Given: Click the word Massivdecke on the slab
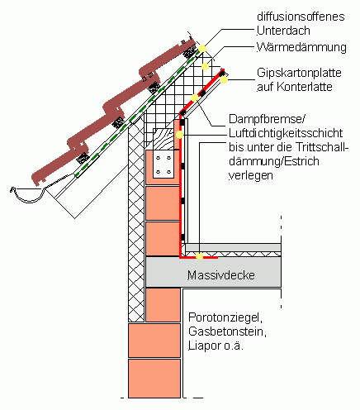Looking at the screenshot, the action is tap(221, 275).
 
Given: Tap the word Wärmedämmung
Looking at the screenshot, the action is tap(301, 47).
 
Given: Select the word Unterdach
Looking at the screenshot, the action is tap(283, 31).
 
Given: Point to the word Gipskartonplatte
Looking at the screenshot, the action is tap(299, 73).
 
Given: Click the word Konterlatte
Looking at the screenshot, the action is tap(305, 87).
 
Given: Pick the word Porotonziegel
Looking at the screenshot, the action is tap(225, 317).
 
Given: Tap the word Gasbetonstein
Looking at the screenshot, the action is tap(227, 331).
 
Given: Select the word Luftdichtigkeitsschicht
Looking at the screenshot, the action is tap(286, 133).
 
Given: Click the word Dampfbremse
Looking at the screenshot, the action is tap(266, 119).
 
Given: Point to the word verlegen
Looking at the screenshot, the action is tap(251, 175).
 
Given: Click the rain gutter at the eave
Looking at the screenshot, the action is tap(27, 195).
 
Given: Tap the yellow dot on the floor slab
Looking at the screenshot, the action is tap(200, 256).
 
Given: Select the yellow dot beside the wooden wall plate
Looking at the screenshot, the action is tap(179, 135).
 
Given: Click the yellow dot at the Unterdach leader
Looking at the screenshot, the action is tap(202, 49).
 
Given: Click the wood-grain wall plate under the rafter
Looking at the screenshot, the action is tap(163, 139).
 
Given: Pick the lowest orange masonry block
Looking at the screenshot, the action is tap(154, 378).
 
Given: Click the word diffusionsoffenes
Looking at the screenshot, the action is tap(301, 17).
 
